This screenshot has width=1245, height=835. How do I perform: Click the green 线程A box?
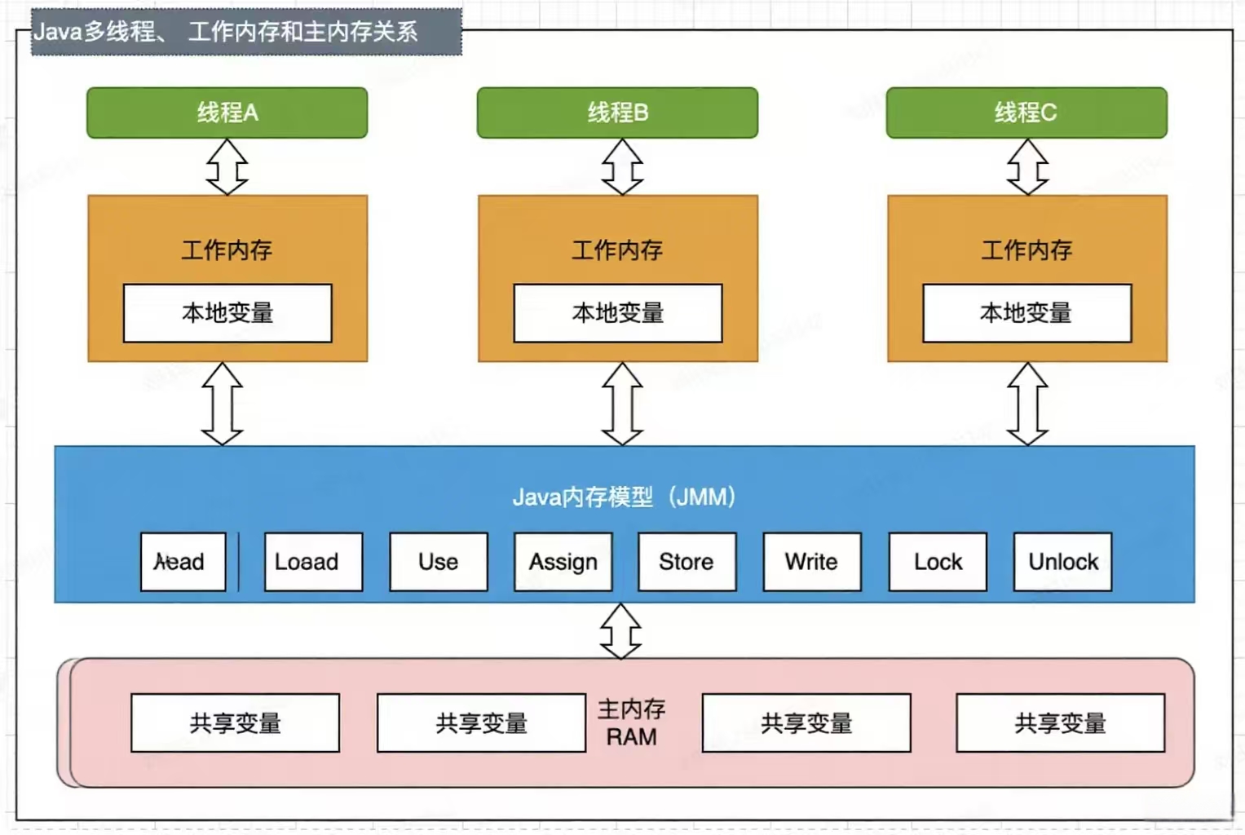tap(227, 113)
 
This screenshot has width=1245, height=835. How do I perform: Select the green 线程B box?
tap(617, 113)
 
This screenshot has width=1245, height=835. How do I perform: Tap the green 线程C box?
tap(1026, 113)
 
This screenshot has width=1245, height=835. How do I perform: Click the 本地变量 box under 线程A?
tap(227, 313)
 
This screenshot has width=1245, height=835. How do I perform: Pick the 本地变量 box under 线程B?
tap(617, 313)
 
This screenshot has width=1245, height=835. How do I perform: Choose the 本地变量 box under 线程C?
tap(1026, 313)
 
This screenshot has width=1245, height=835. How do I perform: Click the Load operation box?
tap(313, 562)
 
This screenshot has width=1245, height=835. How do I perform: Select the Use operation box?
tap(438, 562)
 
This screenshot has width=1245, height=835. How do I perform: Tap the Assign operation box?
tap(563, 562)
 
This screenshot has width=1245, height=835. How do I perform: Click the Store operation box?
tap(687, 562)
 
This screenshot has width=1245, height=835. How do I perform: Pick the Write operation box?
tap(811, 562)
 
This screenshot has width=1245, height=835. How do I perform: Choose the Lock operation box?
tap(938, 562)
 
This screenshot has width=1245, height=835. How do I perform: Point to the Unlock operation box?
tap(1062, 562)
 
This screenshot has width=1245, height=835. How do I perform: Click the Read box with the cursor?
tap(183, 562)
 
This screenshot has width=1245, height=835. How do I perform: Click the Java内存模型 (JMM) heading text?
tap(624, 497)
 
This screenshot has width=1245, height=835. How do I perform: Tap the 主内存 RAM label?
tap(631, 722)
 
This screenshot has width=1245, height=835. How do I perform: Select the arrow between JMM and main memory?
tap(620, 631)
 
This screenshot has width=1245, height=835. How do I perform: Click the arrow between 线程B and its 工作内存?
tap(622, 166)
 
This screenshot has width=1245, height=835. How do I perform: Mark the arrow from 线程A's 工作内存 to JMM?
tap(223, 404)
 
